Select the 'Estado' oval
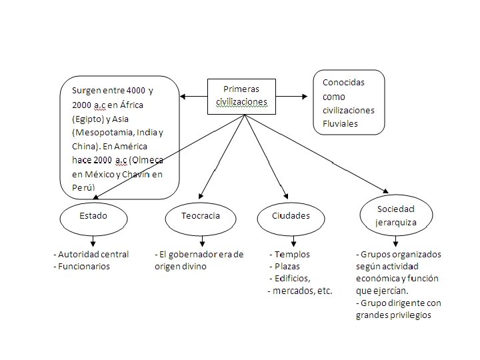coord(93,216)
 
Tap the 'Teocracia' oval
coord(201,216)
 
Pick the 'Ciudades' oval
coord(291,216)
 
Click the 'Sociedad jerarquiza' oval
coord(396,215)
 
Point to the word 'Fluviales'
coord(341,123)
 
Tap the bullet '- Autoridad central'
coord(91,255)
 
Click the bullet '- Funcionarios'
coord(81,266)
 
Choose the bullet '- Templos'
coord(289,255)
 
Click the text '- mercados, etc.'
coord(299,291)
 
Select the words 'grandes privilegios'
coord(394,315)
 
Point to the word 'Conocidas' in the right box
coord(343,82)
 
